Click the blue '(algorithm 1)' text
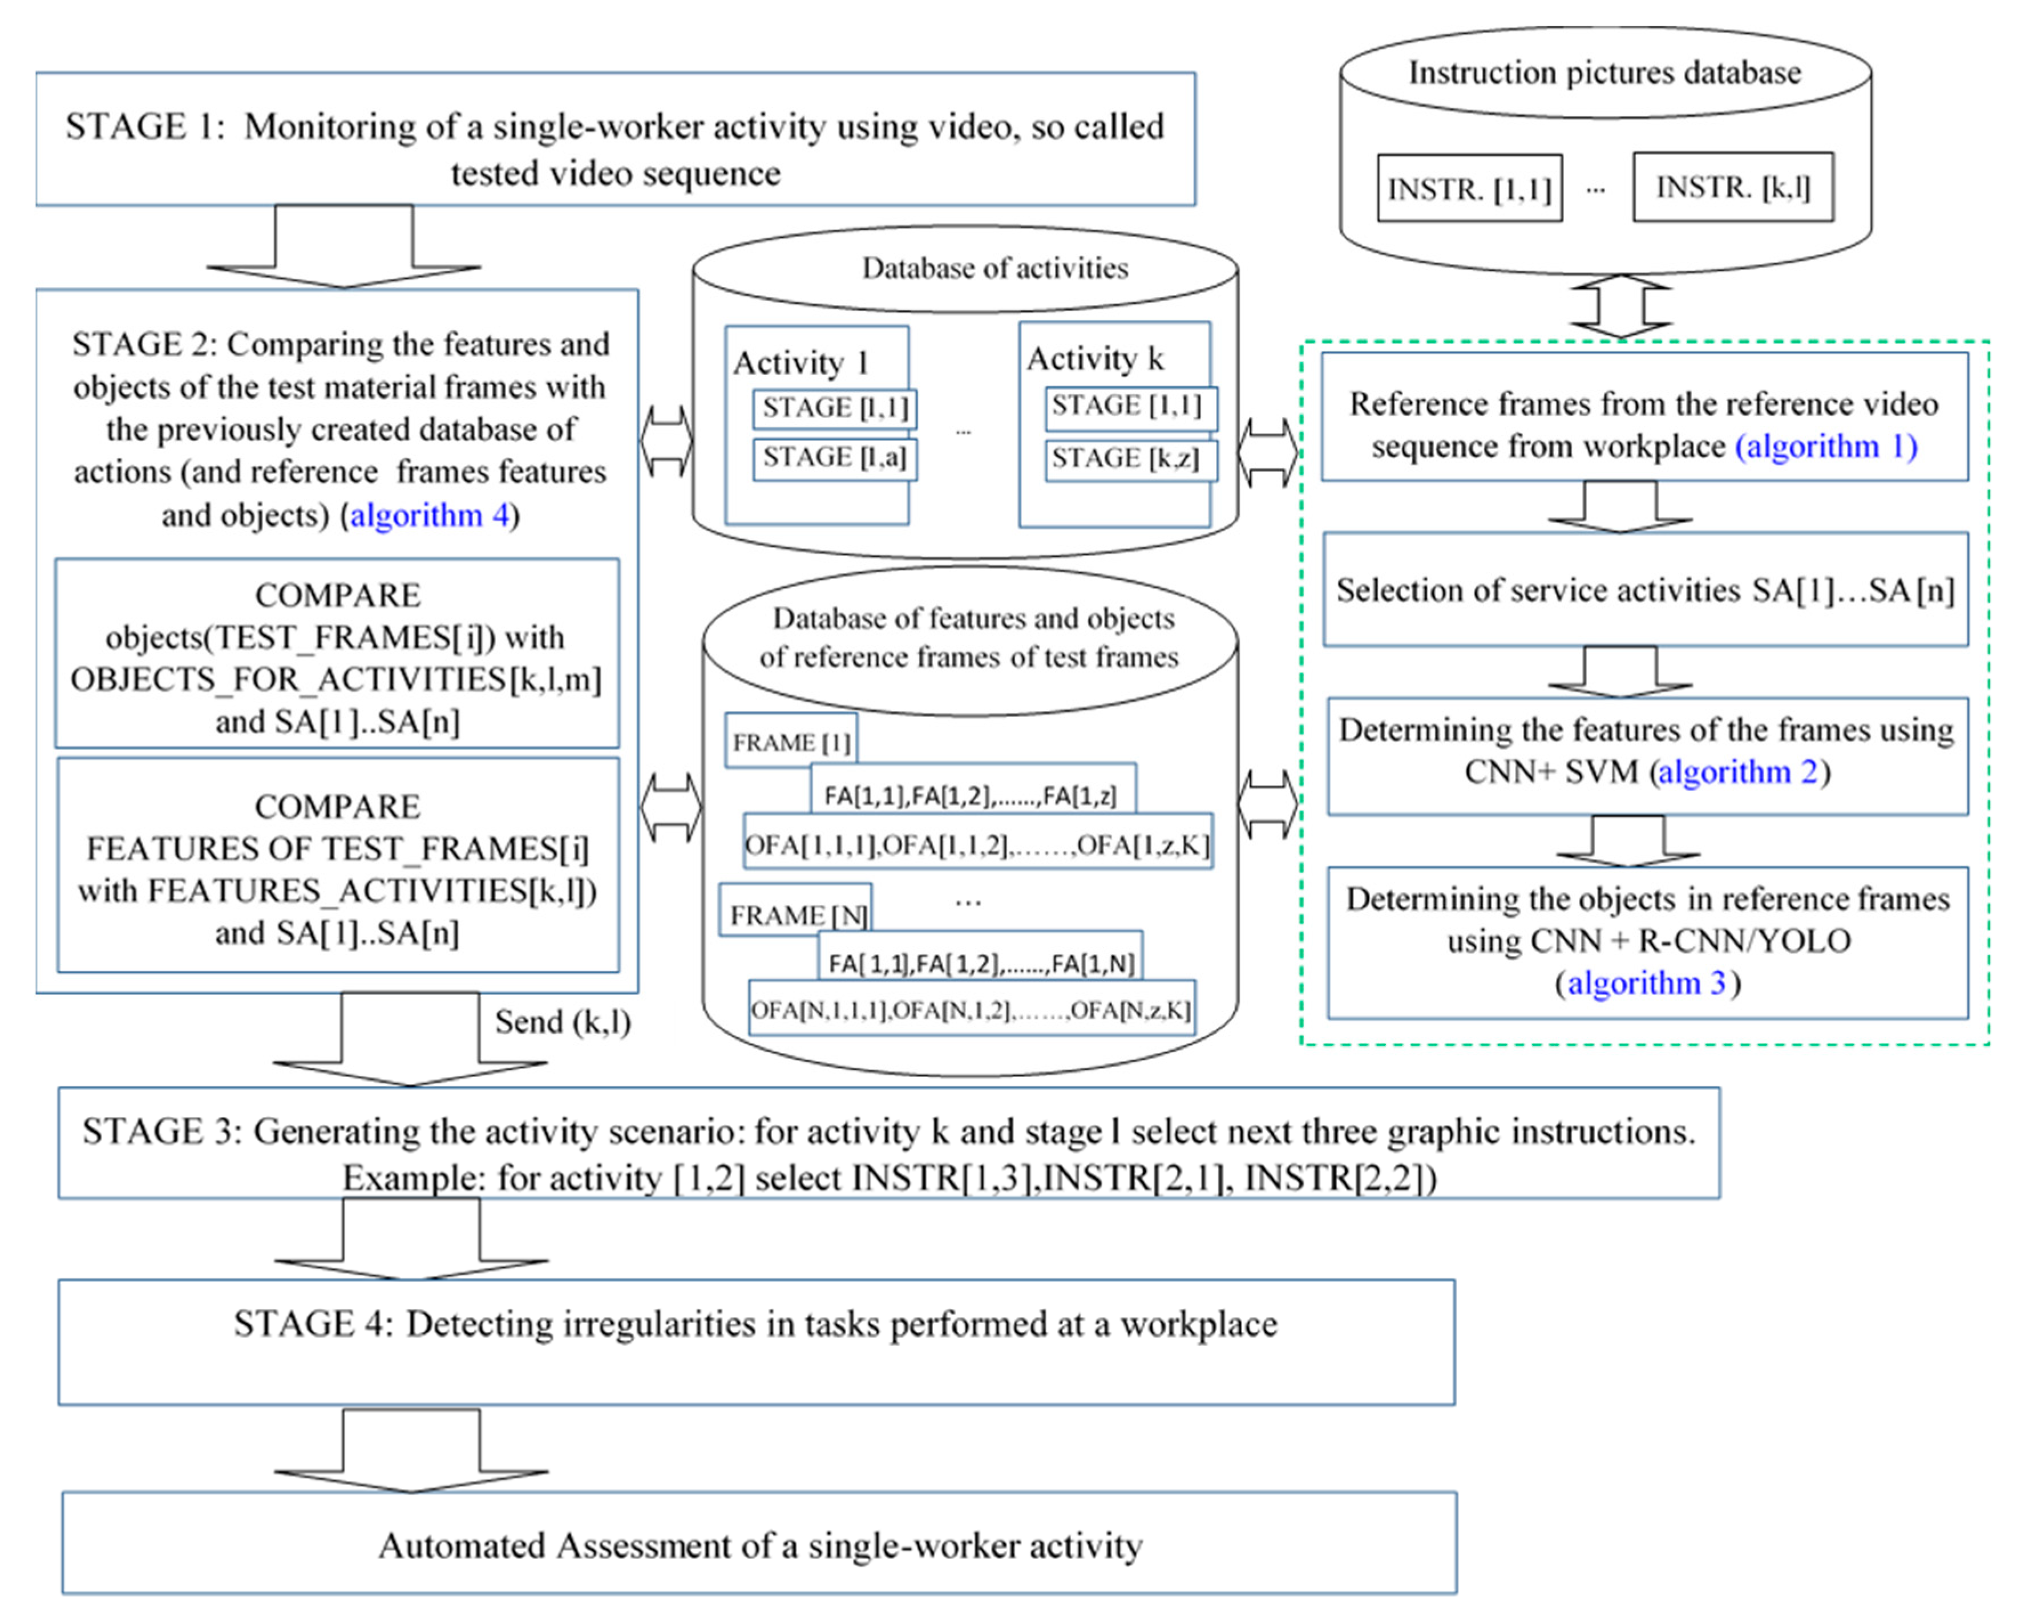click(x=1826, y=446)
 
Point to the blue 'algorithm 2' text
click(x=1737, y=772)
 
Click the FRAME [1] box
click(x=790, y=742)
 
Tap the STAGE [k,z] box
click(x=1130, y=459)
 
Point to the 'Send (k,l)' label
click(x=562, y=1022)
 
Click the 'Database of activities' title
click(x=995, y=269)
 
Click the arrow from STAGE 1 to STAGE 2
click(x=343, y=246)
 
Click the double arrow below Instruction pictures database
click(x=1620, y=306)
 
